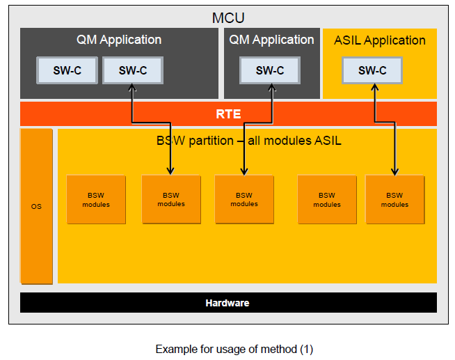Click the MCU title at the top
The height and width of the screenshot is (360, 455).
[x=228, y=17]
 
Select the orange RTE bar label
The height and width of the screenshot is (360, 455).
[x=228, y=114]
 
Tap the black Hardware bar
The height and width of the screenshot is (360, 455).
[x=227, y=303]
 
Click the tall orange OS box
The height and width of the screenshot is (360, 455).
[x=36, y=206]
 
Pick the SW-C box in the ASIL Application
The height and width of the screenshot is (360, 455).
[x=372, y=70]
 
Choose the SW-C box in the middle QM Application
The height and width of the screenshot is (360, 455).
[x=270, y=70]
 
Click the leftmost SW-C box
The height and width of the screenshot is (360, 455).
[x=67, y=70]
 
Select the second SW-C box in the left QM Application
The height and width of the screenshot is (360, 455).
[x=132, y=70]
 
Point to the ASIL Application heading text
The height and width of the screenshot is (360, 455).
[x=380, y=40]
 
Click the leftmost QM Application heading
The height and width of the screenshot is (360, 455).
[x=118, y=40]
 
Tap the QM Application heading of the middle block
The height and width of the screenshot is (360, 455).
[x=271, y=40]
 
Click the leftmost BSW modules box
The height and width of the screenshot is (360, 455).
[x=96, y=200]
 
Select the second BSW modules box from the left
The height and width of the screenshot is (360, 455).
[x=171, y=200]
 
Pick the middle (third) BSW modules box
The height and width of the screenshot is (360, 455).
[x=244, y=200]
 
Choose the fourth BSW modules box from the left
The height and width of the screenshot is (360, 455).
[x=327, y=200]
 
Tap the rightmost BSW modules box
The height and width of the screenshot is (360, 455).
[x=394, y=200]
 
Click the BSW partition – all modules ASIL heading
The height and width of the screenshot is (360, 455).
[x=248, y=141]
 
